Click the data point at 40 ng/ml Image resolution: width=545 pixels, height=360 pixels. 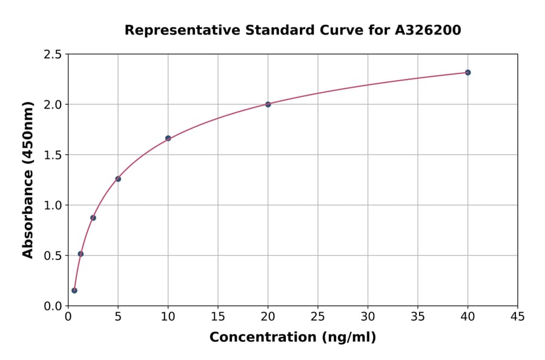point(467,72)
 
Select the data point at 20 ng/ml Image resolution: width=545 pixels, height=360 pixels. point(268,104)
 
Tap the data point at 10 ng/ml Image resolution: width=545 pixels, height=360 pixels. point(168,138)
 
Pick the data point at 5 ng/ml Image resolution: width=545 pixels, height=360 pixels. point(118,179)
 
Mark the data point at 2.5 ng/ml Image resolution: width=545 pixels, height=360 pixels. point(93,218)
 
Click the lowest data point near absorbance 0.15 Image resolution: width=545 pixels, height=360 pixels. point(74,290)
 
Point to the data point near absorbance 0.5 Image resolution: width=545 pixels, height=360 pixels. point(81,254)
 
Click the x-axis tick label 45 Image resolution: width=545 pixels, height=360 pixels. point(517,316)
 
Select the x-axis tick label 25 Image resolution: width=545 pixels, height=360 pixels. point(317,316)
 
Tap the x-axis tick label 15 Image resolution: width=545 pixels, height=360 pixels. point(217,316)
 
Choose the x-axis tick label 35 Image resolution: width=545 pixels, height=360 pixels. point(417,316)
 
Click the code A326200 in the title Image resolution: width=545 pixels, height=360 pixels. point(428,30)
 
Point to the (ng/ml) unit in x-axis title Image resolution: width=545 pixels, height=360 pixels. point(348,338)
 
